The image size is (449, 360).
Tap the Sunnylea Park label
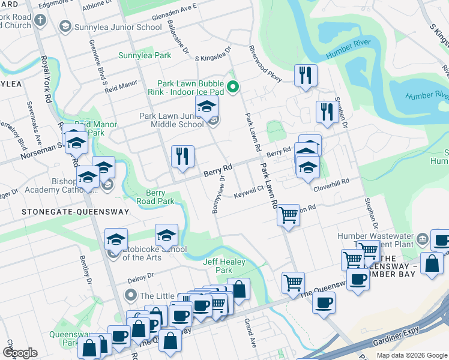pyautogui.click(x=145, y=56)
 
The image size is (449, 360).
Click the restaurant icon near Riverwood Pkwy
pyautogui.click(x=306, y=75)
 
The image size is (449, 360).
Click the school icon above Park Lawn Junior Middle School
pyautogui.click(x=206, y=106)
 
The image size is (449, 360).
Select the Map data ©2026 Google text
pyautogui.click(x=411, y=355)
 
